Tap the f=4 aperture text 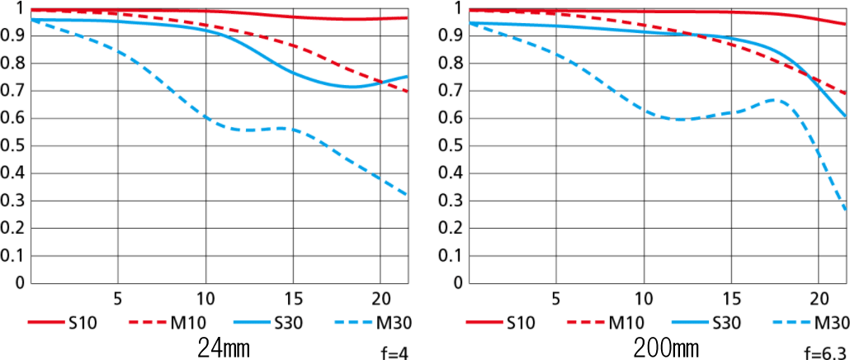[x=395, y=353]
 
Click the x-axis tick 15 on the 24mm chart [x=292, y=298]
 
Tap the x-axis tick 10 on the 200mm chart [x=642, y=298]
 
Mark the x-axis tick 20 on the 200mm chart [x=819, y=298]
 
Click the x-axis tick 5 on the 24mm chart [x=117, y=298]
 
